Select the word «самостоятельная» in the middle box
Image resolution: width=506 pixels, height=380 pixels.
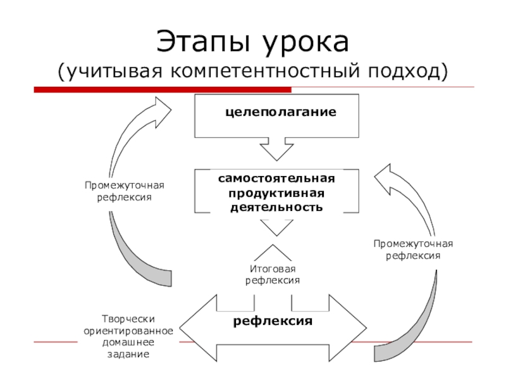(276, 179)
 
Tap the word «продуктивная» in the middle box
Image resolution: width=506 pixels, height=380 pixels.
(276, 193)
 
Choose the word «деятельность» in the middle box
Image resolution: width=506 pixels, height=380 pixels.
(276, 207)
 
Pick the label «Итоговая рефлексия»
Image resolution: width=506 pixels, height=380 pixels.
(273, 275)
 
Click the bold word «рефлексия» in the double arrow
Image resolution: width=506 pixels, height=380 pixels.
(273, 321)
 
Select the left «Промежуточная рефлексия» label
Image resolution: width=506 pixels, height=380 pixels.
(125, 191)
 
